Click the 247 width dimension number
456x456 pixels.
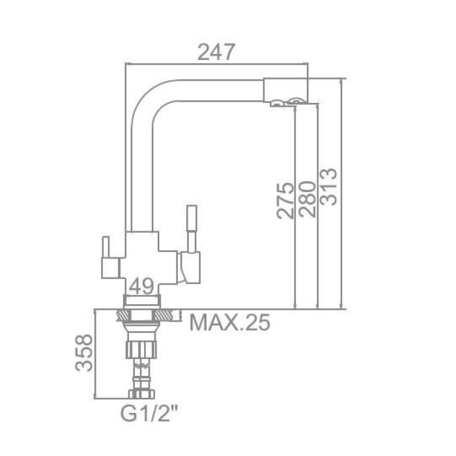tap(216, 52)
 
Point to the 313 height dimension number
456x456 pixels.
tap(329, 187)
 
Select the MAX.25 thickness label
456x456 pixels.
tap(229, 322)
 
